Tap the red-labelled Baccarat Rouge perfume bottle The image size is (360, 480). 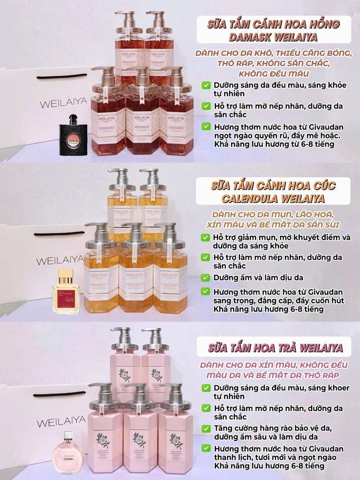point(66,292)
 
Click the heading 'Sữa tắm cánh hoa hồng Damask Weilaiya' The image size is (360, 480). point(274,30)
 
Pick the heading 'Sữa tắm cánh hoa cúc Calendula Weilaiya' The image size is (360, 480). point(273,191)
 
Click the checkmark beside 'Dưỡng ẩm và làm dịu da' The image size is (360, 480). point(206,277)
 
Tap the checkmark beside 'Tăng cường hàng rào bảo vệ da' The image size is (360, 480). point(206,428)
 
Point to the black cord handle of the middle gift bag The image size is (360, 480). point(60,233)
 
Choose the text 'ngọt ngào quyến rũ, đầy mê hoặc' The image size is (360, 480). point(274,135)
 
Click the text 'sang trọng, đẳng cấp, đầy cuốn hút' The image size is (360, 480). point(274,300)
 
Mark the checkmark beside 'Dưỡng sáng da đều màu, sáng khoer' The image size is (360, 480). point(206,388)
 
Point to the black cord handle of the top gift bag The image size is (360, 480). point(63,75)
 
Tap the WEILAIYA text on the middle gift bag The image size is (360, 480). point(61,260)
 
